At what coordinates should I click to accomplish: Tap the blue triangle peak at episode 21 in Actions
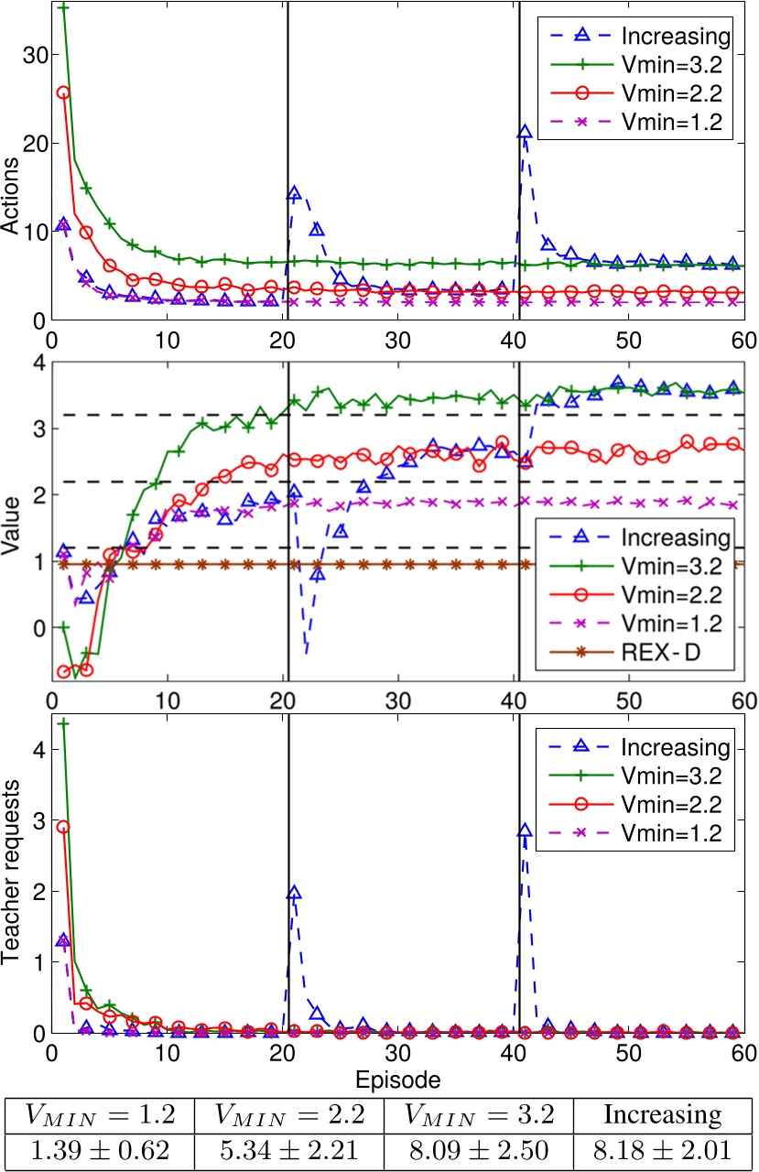[294, 194]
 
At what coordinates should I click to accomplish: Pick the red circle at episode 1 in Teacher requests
[63, 827]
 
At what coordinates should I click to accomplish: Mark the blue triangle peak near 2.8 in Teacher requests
[524, 831]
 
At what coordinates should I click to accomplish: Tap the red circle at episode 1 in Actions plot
[63, 92]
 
